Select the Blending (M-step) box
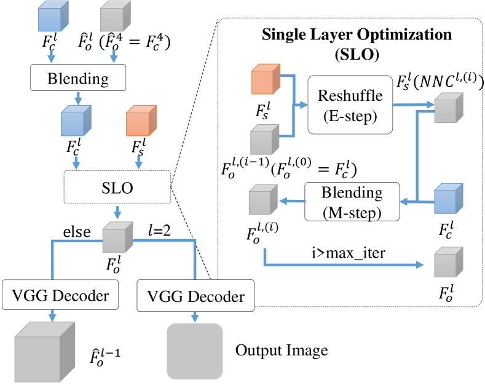352,201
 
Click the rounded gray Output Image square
194,351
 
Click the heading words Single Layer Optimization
357,34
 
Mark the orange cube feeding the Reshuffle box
265,83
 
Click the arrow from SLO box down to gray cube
116,212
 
